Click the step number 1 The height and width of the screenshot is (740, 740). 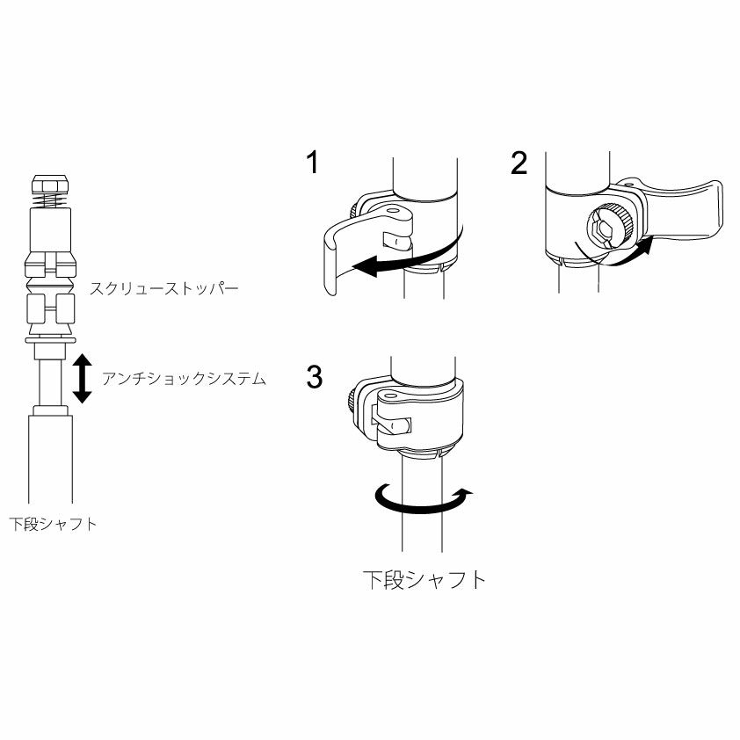tap(312, 163)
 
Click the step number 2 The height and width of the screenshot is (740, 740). tap(519, 163)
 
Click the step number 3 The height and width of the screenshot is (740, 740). tap(315, 377)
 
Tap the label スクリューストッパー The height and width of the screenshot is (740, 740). tap(164, 288)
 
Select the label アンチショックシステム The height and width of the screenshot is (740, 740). tap(184, 379)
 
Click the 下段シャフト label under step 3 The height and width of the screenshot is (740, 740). tap(424, 579)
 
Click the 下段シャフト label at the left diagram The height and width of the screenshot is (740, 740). tap(53, 524)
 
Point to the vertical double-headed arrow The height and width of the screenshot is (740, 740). tap(83, 379)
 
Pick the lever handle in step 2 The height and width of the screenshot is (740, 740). tap(679, 207)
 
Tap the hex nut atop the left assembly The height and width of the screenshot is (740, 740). tap(50, 185)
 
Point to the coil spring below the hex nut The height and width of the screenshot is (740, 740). tap(50, 201)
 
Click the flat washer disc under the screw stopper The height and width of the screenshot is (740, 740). tap(50, 340)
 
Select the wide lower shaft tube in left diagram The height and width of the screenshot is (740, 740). tap(50, 458)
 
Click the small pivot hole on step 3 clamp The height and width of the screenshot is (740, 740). tap(390, 394)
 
